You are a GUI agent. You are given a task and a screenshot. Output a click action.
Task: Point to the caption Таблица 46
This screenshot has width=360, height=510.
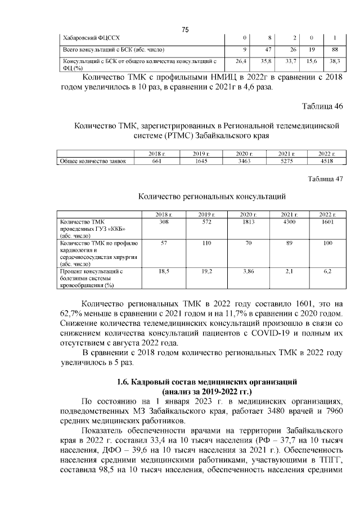[322, 106]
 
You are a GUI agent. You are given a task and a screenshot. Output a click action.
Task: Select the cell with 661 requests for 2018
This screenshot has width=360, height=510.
[156, 161]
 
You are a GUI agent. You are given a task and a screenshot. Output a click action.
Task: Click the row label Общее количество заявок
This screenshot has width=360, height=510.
[93, 161]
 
